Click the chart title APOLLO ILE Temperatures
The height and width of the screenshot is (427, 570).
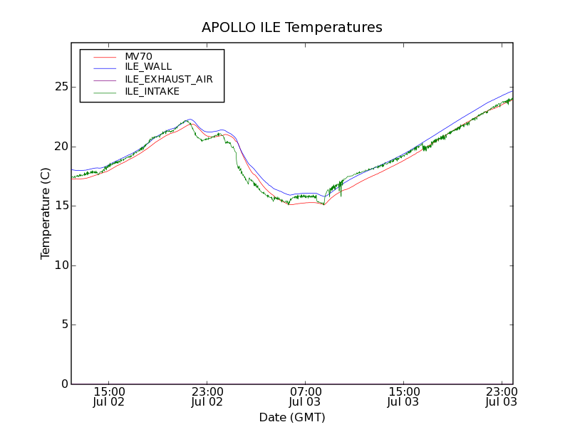(292, 28)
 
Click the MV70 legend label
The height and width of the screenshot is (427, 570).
(138, 56)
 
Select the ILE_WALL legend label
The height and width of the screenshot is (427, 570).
(148, 67)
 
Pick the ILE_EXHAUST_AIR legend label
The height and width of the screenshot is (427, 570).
(168, 79)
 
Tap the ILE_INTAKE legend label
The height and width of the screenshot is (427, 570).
(152, 91)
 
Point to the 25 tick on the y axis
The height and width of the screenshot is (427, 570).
(60, 87)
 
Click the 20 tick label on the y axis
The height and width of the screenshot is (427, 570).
(60, 147)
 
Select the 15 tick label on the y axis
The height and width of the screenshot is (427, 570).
(60, 206)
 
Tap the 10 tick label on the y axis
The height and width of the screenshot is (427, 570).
(60, 265)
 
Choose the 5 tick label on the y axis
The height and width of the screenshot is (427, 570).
(63, 325)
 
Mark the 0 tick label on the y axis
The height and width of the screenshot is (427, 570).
(63, 384)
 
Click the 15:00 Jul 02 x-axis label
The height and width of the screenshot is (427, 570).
(109, 396)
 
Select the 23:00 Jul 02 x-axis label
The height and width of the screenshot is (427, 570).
(207, 396)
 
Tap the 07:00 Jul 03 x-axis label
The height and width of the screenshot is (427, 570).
(306, 396)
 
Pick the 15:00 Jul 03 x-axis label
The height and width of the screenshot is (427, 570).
(404, 396)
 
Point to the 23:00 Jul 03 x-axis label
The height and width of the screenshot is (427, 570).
(502, 396)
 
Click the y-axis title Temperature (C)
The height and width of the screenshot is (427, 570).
(46, 213)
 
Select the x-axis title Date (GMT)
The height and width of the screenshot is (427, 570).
(292, 417)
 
